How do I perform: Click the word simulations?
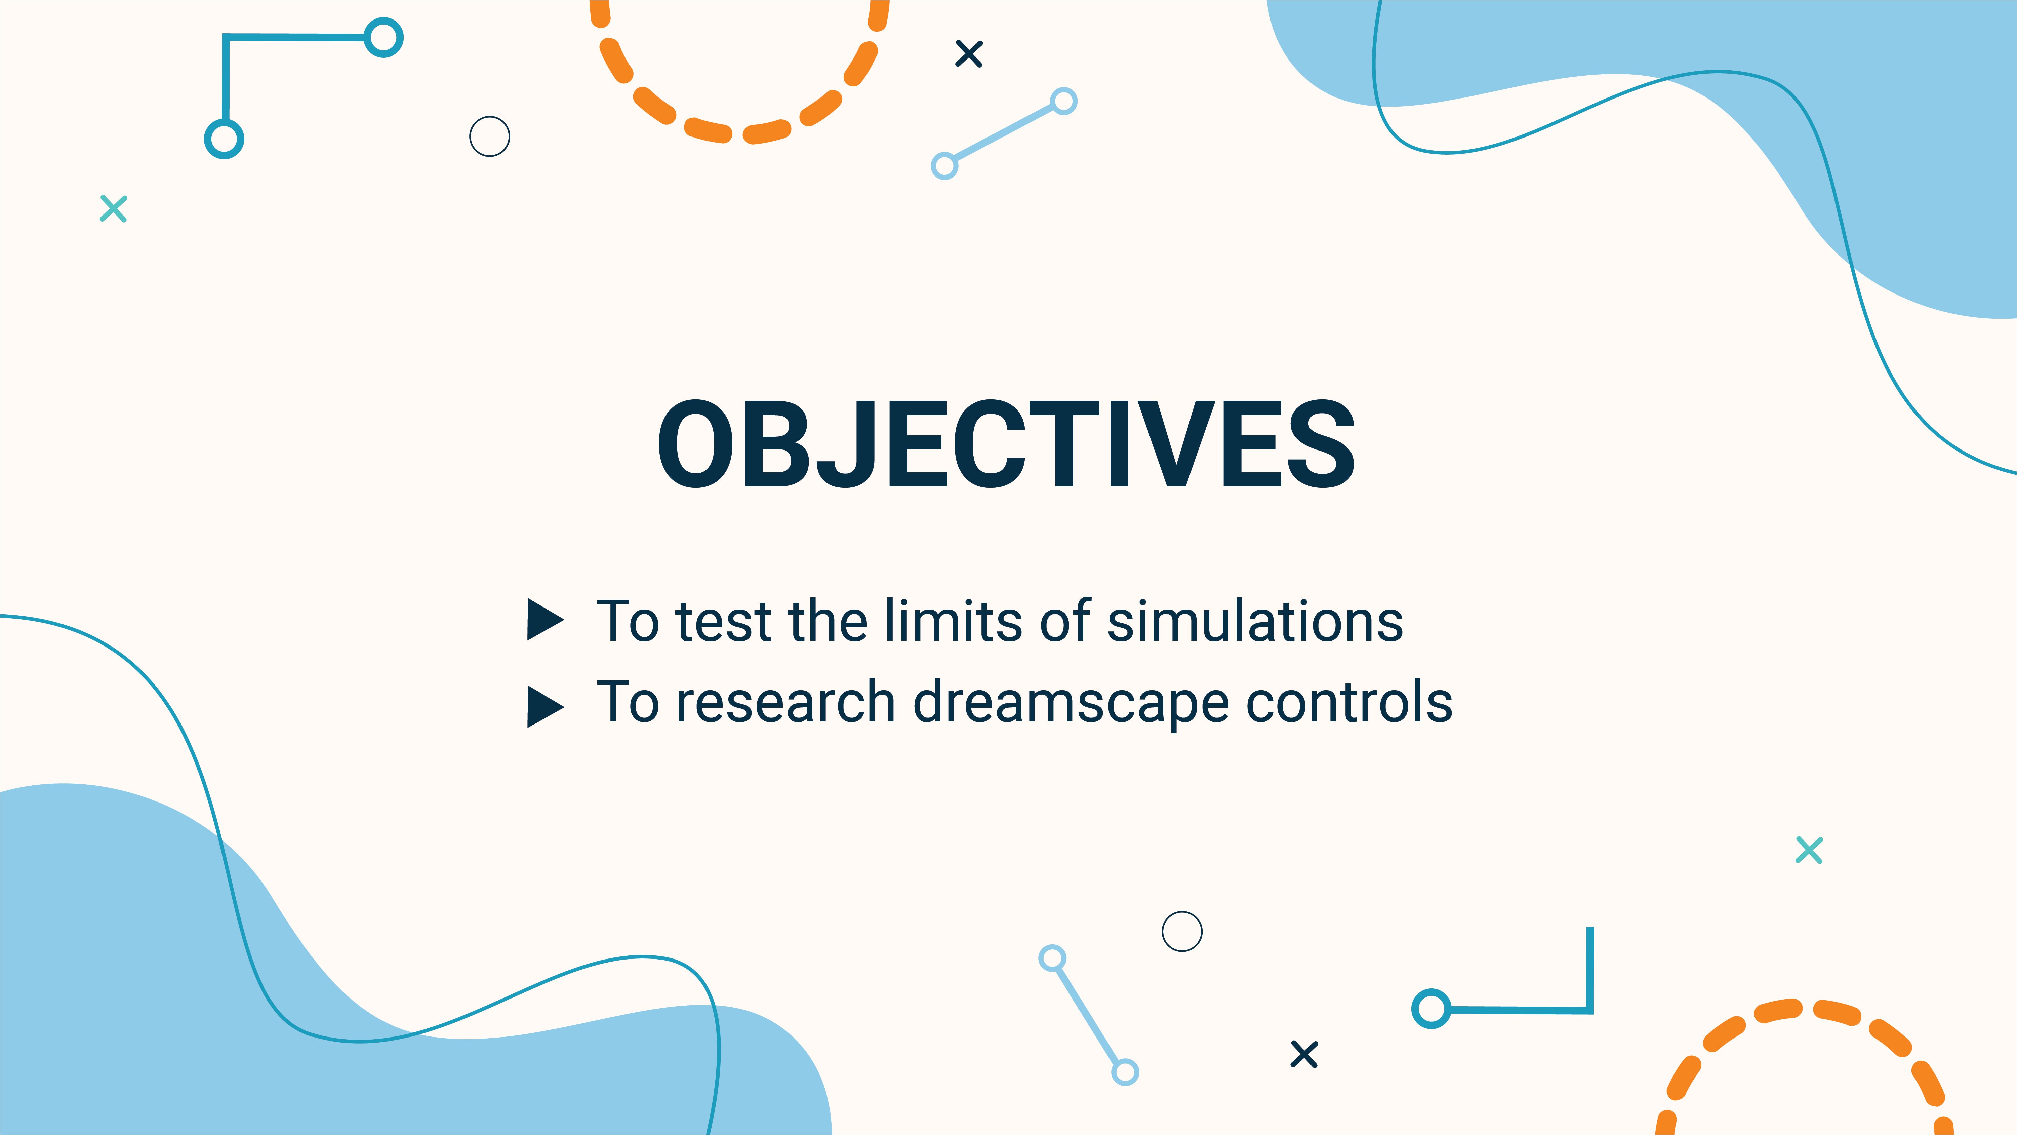click(x=1255, y=621)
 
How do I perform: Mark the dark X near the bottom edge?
click(x=1304, y=1054)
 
